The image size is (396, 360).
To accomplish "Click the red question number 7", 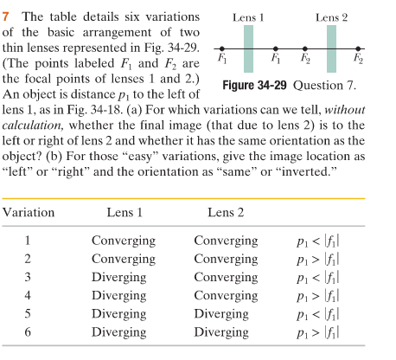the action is coord(7,18).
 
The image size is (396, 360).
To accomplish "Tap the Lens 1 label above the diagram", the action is coord(248,16).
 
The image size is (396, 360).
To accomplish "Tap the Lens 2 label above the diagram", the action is coord(331,16).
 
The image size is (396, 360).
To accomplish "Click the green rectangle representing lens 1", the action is coord(248,48).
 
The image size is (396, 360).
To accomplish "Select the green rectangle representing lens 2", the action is coord(331,48).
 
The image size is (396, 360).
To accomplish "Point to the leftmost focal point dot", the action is coord(221,48).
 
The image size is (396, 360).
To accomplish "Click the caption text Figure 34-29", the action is coord(257,87).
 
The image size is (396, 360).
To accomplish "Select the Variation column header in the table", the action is coord(29,213).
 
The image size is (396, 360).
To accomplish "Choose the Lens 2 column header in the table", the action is coord(226,213).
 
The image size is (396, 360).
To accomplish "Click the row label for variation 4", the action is coord(28,295).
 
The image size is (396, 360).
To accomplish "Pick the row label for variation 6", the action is coord(28,331).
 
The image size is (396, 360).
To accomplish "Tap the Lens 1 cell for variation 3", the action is coord(118,277).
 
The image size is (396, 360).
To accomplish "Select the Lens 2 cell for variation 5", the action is coord(222,313).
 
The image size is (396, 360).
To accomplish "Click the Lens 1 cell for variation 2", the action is coord(124,259).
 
